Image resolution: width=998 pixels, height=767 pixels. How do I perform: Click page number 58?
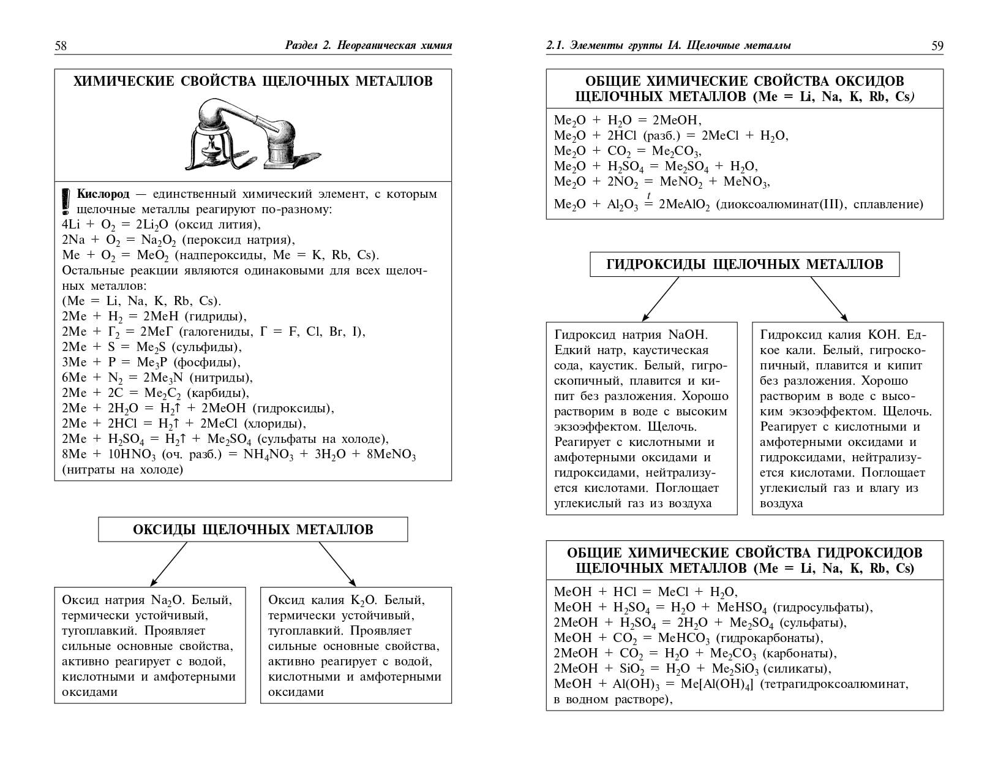click(61, 46)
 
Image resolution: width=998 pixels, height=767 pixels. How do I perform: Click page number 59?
click(937, 46)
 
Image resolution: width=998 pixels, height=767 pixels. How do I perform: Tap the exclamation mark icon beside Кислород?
click(67, 200)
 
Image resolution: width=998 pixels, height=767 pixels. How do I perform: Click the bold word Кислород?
click(103, 194)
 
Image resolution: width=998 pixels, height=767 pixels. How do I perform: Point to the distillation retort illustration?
click(248, 135)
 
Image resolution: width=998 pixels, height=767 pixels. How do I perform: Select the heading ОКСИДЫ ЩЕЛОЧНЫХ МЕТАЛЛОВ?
click(253, 529)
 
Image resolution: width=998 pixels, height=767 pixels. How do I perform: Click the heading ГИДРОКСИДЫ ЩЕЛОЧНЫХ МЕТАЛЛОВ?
click(745, 264)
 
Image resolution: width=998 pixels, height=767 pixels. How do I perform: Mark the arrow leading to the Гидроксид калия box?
click(830, 300)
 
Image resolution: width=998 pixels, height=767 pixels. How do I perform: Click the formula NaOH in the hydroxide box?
click(688, 335)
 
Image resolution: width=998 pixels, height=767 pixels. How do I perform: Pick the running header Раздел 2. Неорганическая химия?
click(369, 46)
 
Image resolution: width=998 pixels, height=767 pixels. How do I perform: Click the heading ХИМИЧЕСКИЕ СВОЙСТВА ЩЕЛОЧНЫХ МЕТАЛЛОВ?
click(253, 81)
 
